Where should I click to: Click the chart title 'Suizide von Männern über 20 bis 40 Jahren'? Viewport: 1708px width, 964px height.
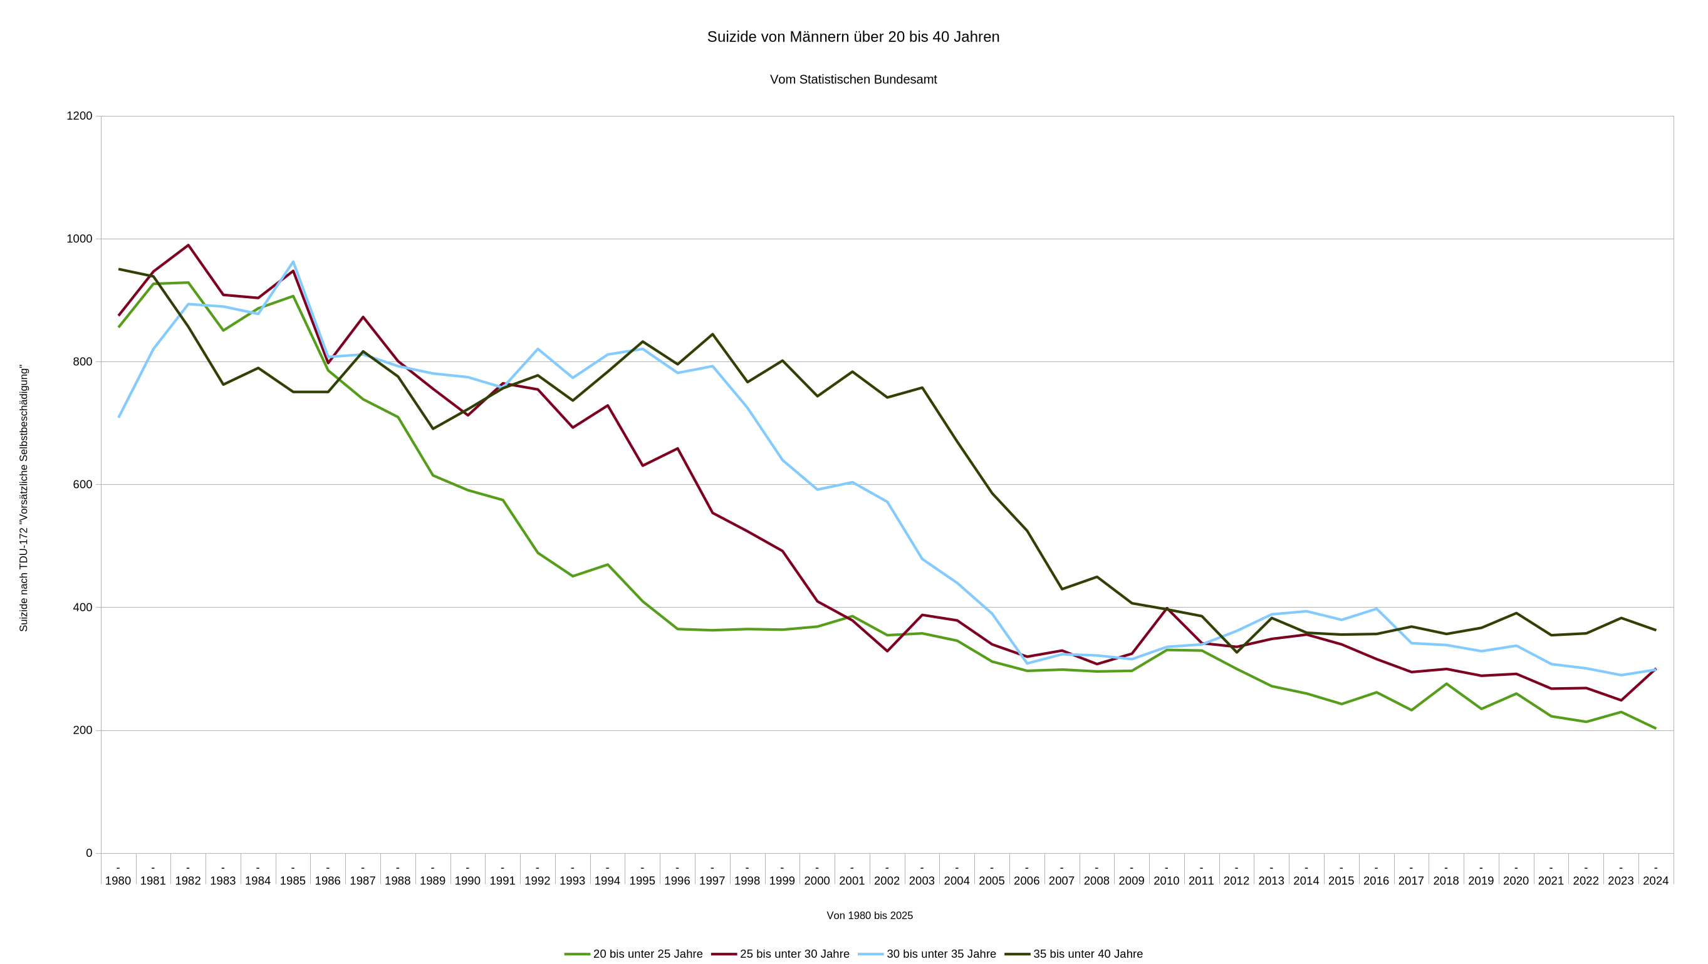point(853,37)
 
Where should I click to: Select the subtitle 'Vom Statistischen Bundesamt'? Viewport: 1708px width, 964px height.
point(853,80)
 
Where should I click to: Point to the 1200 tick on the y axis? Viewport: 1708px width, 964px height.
point(80,116)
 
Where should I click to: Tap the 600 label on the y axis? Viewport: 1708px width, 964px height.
point(83,485)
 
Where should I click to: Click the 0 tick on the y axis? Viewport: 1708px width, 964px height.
point(89,853)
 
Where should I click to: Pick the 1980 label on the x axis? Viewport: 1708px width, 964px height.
point(118,881)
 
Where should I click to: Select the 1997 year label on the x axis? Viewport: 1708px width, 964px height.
point(712,881)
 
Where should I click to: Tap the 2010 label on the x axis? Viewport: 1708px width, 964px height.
point(1166,881)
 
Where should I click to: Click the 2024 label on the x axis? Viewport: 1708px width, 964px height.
point(1655,881)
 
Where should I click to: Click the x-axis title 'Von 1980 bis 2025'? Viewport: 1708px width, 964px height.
point(869,916)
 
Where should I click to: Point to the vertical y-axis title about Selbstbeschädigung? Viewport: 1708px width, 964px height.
point(24,497)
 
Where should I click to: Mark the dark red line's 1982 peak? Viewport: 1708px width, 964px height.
point(189,246)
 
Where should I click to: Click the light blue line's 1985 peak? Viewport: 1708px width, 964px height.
point(293,262)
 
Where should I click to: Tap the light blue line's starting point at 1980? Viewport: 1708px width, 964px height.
point(118,417)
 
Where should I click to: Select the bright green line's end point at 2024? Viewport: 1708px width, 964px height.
point(1655,728)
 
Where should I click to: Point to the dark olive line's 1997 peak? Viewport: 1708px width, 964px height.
point(713,334)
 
